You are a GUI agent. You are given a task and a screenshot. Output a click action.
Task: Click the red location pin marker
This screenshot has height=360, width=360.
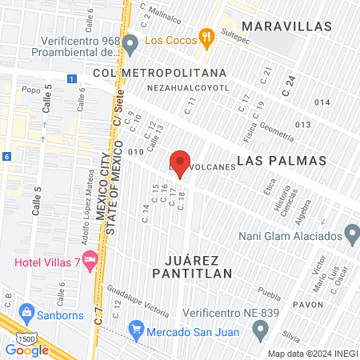181,163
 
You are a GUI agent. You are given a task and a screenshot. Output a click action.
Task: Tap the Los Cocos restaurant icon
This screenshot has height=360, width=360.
206,35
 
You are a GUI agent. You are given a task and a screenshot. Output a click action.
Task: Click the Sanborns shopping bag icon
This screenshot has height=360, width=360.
26,311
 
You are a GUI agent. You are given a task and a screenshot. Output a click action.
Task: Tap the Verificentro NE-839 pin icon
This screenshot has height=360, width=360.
260,329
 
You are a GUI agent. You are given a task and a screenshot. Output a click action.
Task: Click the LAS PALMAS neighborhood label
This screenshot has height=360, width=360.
283,160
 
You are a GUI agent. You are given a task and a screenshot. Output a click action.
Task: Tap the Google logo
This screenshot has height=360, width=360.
27,350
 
